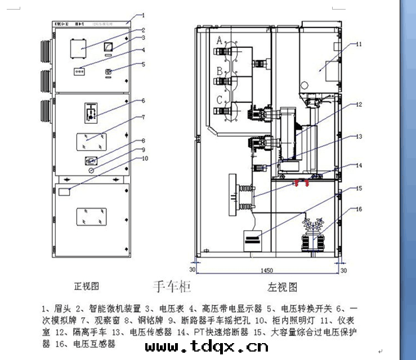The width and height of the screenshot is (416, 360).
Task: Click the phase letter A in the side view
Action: tap(220, 40)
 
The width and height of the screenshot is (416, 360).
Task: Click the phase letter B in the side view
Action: tap(220, 71)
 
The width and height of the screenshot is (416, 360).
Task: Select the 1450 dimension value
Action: tap(267, 271)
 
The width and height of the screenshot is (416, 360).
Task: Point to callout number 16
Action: tap(359, 209)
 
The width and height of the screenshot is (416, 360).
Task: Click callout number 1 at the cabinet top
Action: tap(143, 16)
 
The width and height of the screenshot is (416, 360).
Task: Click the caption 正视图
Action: tap(86, 286)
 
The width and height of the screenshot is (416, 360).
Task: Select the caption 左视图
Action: tap(283, 287)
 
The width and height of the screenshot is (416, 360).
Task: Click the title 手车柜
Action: tap(172, 287)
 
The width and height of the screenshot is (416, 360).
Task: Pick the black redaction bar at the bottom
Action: tap(207, 345)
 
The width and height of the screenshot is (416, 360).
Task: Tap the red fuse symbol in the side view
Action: tap(298, 183)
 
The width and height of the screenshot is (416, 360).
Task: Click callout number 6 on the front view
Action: tap(143, 101)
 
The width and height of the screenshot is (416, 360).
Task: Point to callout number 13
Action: tap(359, 137)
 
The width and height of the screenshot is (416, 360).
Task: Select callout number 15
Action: tap(359, 188)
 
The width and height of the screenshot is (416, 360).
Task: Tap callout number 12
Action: tap(359, 104)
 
